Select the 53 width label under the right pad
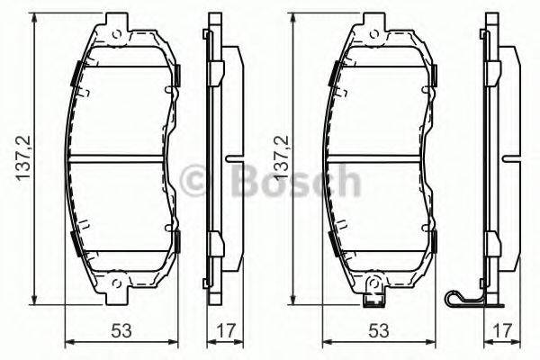point(381,331)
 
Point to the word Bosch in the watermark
point(288,182)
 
